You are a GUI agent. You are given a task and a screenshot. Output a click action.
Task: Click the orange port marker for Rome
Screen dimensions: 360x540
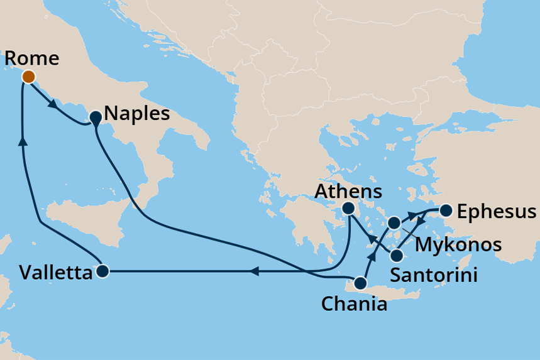tap(28, 77)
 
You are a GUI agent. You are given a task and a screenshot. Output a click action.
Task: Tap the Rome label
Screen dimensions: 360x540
tap(31, 58)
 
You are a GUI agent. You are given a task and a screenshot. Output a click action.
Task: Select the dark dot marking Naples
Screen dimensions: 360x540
tap(96, 117)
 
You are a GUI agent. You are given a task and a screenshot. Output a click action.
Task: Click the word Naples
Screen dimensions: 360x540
tap(137, 114)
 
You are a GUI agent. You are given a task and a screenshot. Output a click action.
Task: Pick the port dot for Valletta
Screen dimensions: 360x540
tap(102, 271)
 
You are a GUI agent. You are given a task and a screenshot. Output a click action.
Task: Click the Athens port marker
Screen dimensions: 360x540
tap(348, 207)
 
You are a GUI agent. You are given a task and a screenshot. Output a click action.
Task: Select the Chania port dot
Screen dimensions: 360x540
tap(360, 283)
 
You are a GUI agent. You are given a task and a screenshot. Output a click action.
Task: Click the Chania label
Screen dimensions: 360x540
tap(354, 305)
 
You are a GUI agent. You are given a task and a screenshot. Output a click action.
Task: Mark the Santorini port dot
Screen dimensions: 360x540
tap(397, 255)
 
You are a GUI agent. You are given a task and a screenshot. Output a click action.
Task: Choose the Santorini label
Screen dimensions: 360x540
tap(433, 275)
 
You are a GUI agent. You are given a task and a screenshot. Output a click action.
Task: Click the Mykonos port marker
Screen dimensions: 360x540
tap(394, 222)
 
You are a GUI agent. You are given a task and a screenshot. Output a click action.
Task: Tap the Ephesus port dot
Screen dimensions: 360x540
tap(446, 210)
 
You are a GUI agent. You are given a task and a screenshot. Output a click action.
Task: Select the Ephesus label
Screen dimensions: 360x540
tap(497, 212)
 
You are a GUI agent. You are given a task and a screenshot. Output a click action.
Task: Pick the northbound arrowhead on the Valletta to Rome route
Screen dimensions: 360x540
tap(24, 141)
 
